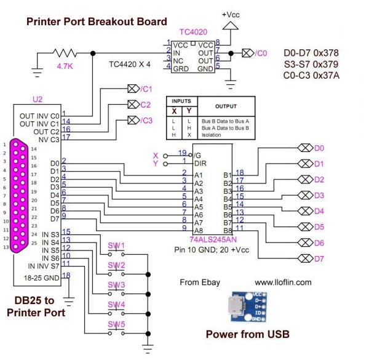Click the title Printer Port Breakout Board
pos(96,22)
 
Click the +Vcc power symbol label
pos(231,13)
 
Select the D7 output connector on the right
pos(304,258)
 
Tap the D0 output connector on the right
pos(304,148)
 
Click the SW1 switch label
pos(116,246)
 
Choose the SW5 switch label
pos(116,324)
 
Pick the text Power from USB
pos(247,335)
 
